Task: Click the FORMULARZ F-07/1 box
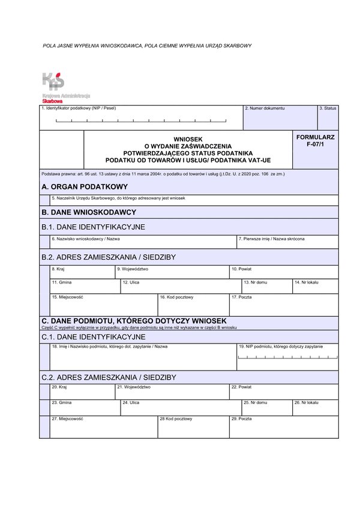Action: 316,141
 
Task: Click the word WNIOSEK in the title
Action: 188,139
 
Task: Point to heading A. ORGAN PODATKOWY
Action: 85,187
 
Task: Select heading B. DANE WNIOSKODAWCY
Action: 89,212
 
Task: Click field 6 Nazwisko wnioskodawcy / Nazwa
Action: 143,242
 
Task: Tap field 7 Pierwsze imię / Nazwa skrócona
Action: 287,242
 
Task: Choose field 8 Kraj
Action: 82,273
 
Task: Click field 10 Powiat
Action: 284,273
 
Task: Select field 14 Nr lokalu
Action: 315,287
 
